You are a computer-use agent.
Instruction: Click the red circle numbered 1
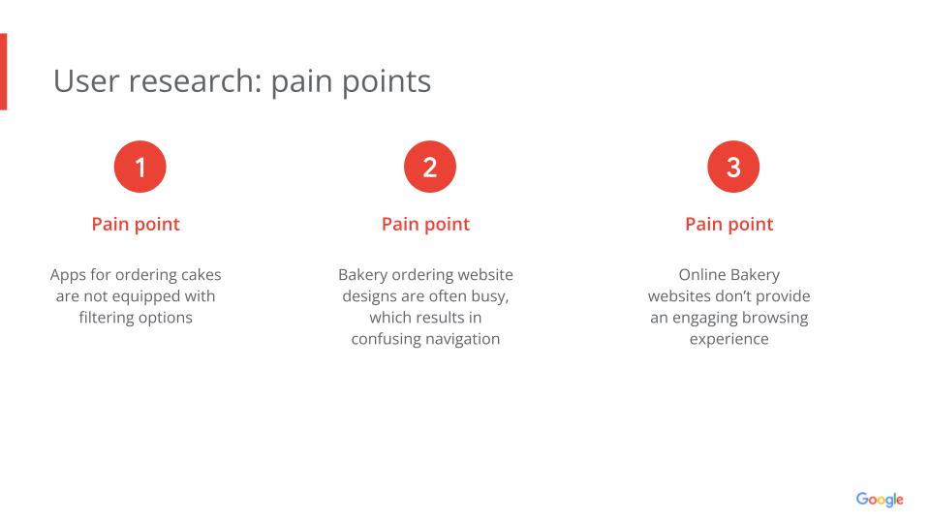pyautogui.click(x=139, y=167)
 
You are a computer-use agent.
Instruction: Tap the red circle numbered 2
pyautogui.click(x=430, y=167)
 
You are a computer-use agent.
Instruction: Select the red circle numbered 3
pyautogui.click(x=733, y=167)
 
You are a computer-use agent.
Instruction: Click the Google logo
pyautogui.click(x=880, y=500)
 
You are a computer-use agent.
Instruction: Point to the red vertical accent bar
pyautogui.click(x=3, y=72)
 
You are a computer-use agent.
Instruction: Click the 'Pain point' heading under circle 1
pyautogui.click(x=136, y=224)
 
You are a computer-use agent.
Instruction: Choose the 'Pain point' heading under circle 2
pyautogui.click(x=425, y=224)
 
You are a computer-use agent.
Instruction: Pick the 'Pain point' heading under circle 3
pyautogui.click(x=728, y=224)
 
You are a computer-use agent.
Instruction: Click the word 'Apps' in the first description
pyautogui.click(x=68, y=275)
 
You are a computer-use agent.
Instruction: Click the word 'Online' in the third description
pyautogui.click(x=702, y=275)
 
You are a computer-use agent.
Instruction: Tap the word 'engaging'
pyautogui.click(x=704, y=319)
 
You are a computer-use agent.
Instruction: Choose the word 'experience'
pyautogui.click(x=728, y=339)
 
